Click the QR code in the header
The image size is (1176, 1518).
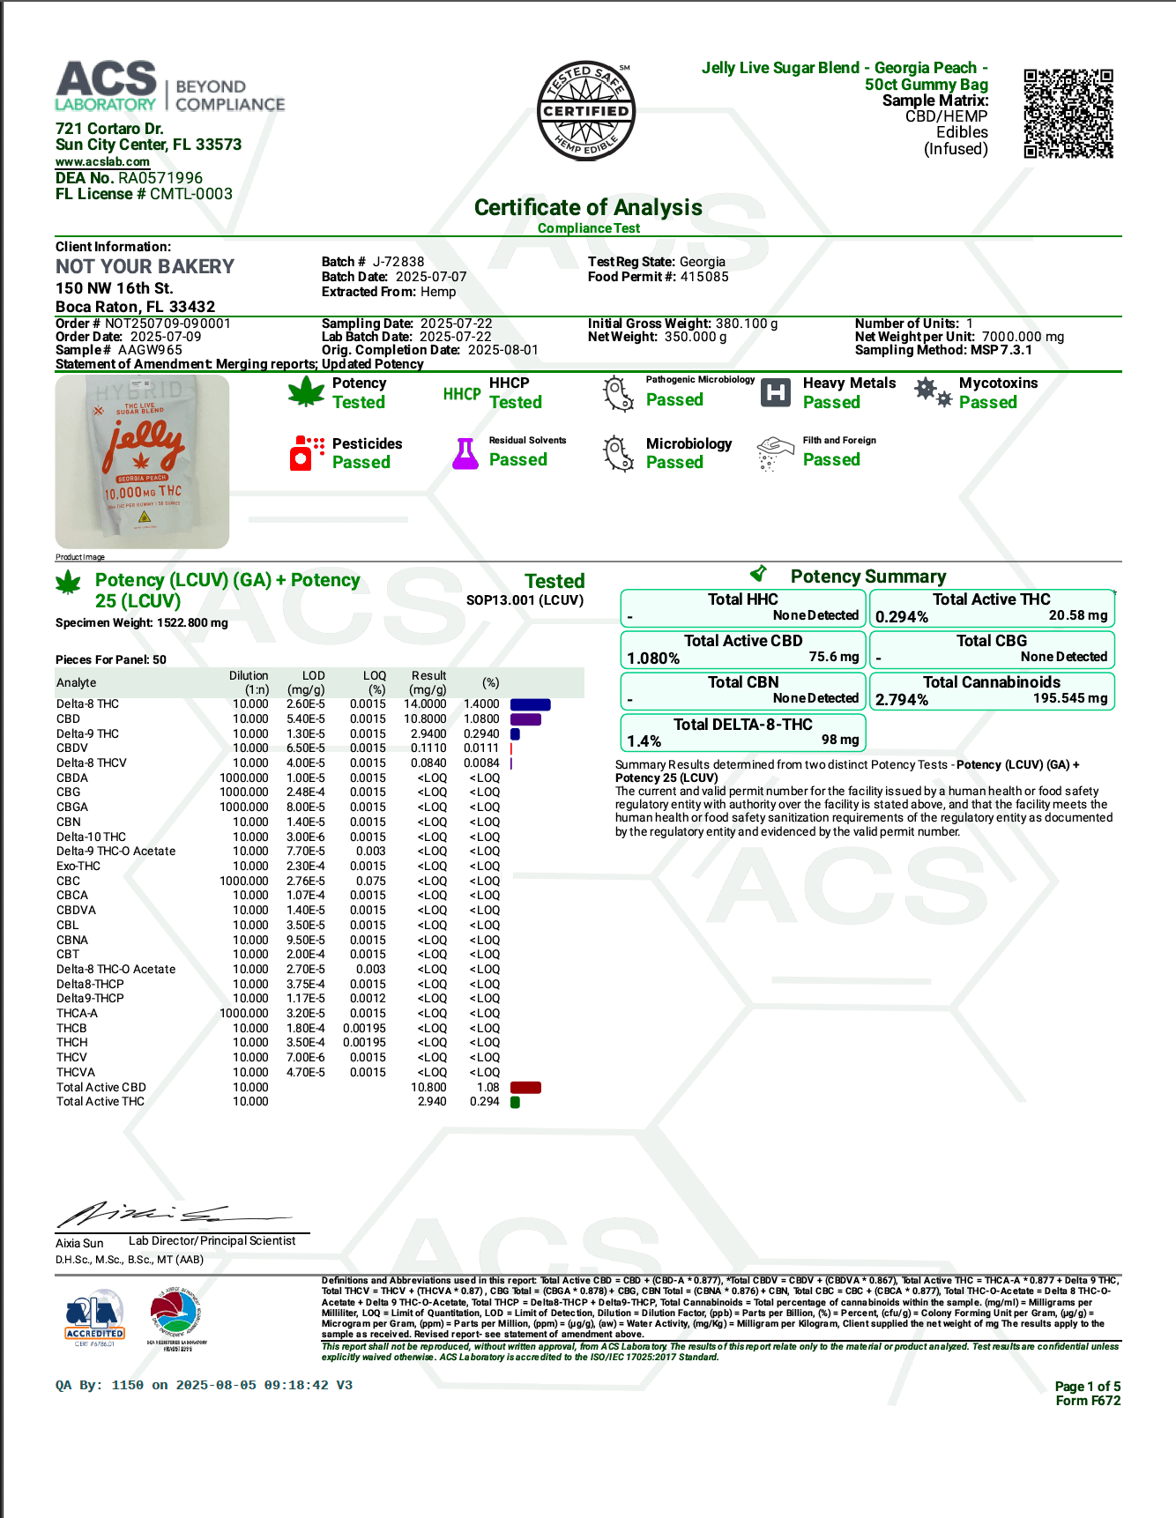coord(1068,114)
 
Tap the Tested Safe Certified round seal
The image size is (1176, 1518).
coord(586,111)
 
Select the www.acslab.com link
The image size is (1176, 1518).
coord(102,162)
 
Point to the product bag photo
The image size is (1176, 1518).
coord(142,461)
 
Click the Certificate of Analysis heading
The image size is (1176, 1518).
coord(588,207)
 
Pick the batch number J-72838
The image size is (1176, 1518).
coord(398,262)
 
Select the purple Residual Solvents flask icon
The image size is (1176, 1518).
coord(465,453)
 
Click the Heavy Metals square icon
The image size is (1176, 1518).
coord(776,392)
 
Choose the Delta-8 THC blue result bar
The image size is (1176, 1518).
coord(530,704)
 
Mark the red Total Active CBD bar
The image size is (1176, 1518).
coord(525,1087)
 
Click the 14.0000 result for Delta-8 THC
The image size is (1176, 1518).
coord(425,704)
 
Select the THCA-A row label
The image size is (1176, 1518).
coord(77,1014)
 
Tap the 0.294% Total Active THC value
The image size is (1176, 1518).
coord(901,617)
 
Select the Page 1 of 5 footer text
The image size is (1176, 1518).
coord(1087,1387)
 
